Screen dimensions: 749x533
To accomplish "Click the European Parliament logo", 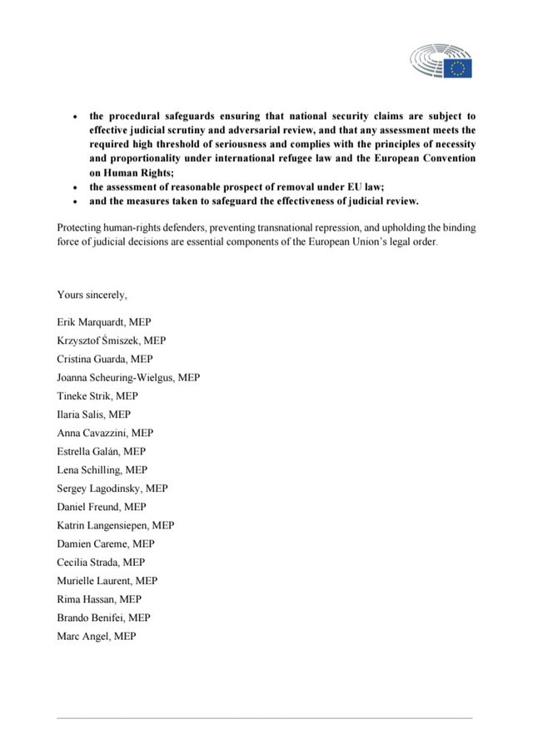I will click(441, 62).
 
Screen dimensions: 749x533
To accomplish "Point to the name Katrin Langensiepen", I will click(115, 525).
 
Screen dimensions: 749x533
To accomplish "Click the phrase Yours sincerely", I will click(92, 295).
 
